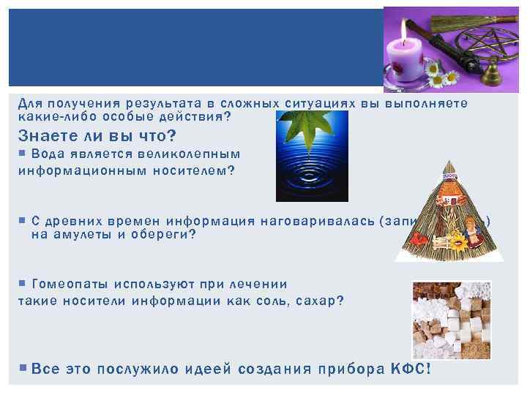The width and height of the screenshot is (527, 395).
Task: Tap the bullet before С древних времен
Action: click(x=22, y=220)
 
